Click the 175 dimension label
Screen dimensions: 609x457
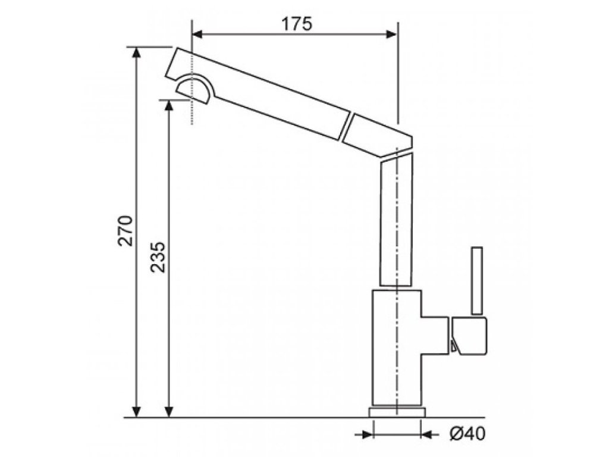pos(297,24)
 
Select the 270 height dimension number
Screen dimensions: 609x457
pos(125,230)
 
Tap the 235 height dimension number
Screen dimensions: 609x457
pos(158,257)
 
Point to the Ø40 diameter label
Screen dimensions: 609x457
pos(467,434)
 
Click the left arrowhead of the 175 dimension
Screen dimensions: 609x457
pos(197,35)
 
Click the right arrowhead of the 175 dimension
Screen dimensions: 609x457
pos(391,35)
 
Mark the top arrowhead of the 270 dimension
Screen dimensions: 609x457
pos(136,53)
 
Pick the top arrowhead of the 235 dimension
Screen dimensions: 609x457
pos(168,105)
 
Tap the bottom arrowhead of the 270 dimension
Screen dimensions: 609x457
pos(136,412)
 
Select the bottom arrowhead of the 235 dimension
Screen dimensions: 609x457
pos(168,412)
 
